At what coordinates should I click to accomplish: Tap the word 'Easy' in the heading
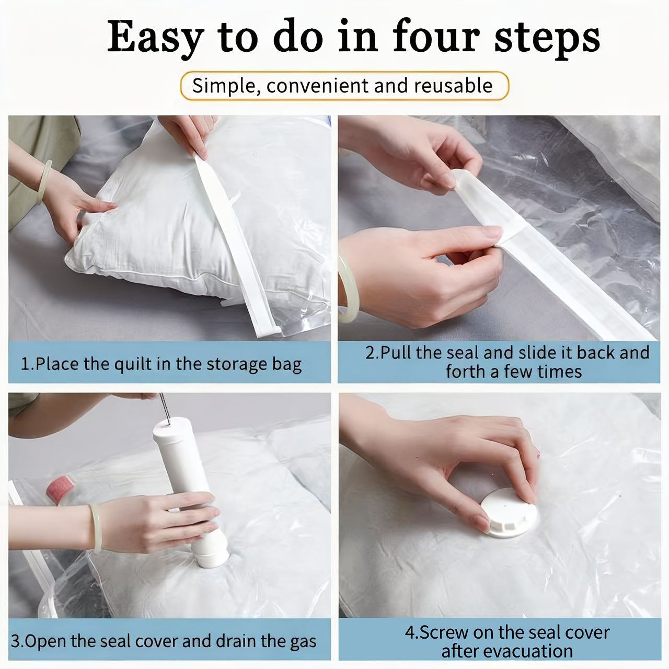coord(155,38)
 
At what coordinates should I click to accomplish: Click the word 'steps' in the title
coord(547,38)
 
